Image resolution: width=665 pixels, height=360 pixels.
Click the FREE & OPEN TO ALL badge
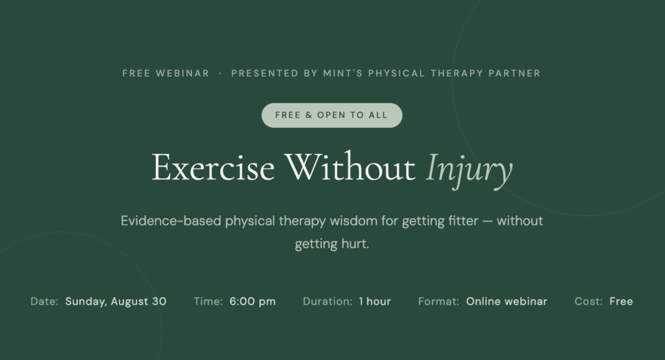[x=332, y=115]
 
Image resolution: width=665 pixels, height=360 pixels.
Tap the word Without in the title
[x=349, y=167]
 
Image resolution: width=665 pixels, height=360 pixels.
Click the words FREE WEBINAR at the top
[x=166, y=73]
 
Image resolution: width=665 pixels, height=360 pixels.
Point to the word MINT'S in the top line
[x=343, y=73]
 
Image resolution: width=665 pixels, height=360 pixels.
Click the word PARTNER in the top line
[x=514, y=73]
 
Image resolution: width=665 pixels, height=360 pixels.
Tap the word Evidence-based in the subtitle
[x=171, y=221]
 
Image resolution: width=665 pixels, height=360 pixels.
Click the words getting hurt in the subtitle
[x=332, y=244]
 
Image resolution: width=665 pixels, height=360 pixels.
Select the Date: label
[x=45, y=302]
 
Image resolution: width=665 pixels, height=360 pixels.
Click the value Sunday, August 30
[x=116, y=302]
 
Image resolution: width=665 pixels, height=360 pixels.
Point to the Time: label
[x=208, y=302]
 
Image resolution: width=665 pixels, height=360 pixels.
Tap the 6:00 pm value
[x=253, y=302]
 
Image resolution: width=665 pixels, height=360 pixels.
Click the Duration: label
[x=327, y=302]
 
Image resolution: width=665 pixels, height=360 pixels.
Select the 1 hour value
[x=375, y=302]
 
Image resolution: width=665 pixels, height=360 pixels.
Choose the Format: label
[x=438, y=302]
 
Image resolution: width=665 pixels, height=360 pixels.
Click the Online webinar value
[x=507, y=302]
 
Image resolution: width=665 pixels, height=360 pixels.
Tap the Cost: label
[x=588, y=302]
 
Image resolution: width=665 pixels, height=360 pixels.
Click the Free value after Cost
[x=621, y=302]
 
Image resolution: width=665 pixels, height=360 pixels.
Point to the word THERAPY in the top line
[x=457, y=73]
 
